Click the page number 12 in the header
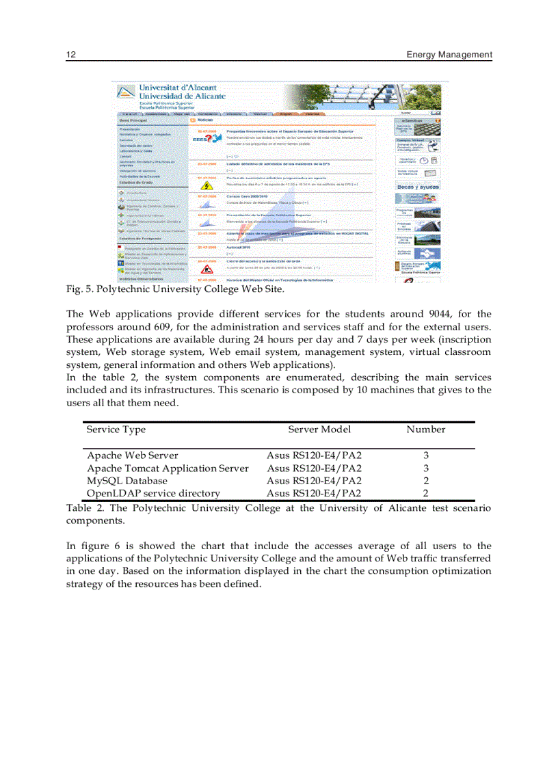point(70,55)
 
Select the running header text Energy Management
point(449,55)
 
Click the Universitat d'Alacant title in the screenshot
point(178,88)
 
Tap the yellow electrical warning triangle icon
point(206,185)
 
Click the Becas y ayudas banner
point(418,186)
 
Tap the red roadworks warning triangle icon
point(206,268)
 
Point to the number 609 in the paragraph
point(161,326)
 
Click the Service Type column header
point(116,429)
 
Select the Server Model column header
point(319,429)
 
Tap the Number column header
point(425,429)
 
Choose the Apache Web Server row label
point(132,455)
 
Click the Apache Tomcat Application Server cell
point(168,468)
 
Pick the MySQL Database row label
point(127,481)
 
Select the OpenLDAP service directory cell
point(153,493)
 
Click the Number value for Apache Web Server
point(425,455)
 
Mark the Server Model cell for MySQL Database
point(314,481)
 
